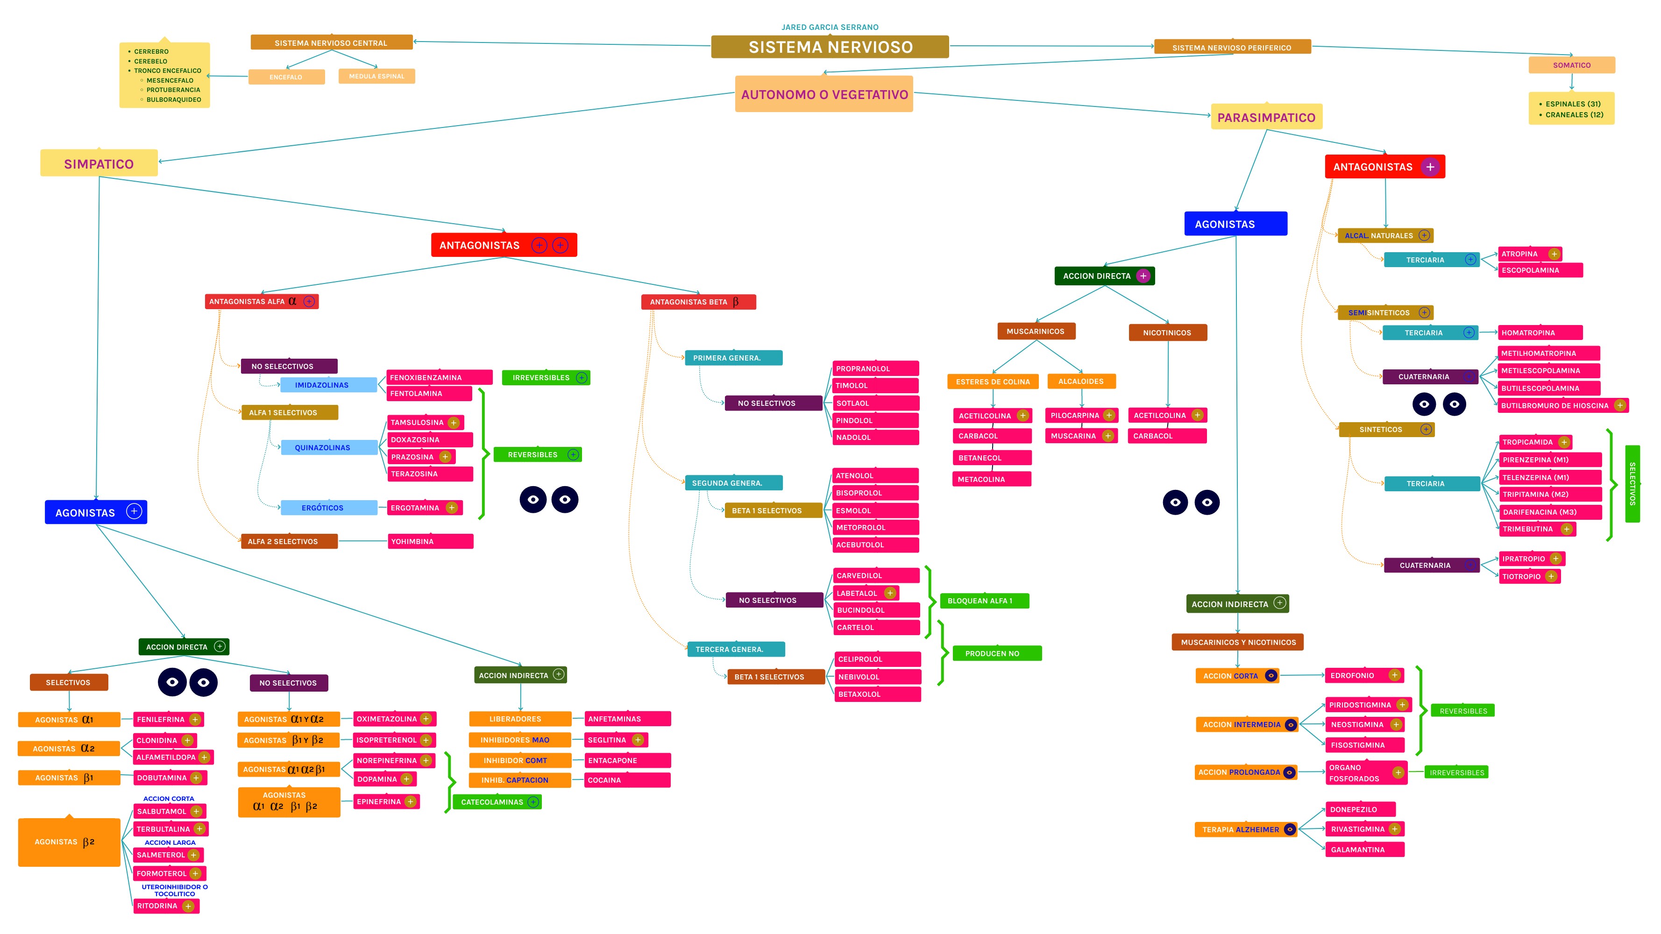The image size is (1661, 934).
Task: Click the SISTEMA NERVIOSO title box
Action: click(x=830, y=47)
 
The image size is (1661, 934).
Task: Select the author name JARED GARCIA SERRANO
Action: click(x=830, y=27)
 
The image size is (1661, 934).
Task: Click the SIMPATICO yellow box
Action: click(x=99, y=164)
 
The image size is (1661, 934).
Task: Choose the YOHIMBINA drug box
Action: click(x=430, y=541)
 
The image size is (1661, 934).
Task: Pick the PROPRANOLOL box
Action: click(x=875, y=369)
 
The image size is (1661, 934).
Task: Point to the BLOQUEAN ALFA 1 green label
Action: click(x=983, y=601)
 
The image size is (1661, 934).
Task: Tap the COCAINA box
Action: click(x=627, y=780)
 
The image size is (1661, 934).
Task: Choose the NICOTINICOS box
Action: click(x=1167, y=333)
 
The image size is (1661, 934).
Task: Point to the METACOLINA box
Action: click(x=991, y=479)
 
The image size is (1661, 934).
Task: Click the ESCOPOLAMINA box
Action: click(x=1539, y=270)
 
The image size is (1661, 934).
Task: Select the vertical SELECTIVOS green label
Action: click(x=1632, y=483)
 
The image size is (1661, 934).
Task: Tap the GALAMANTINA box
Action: click(x=1364, y=849)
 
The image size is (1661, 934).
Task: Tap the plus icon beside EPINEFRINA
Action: click(x=410, y=801)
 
